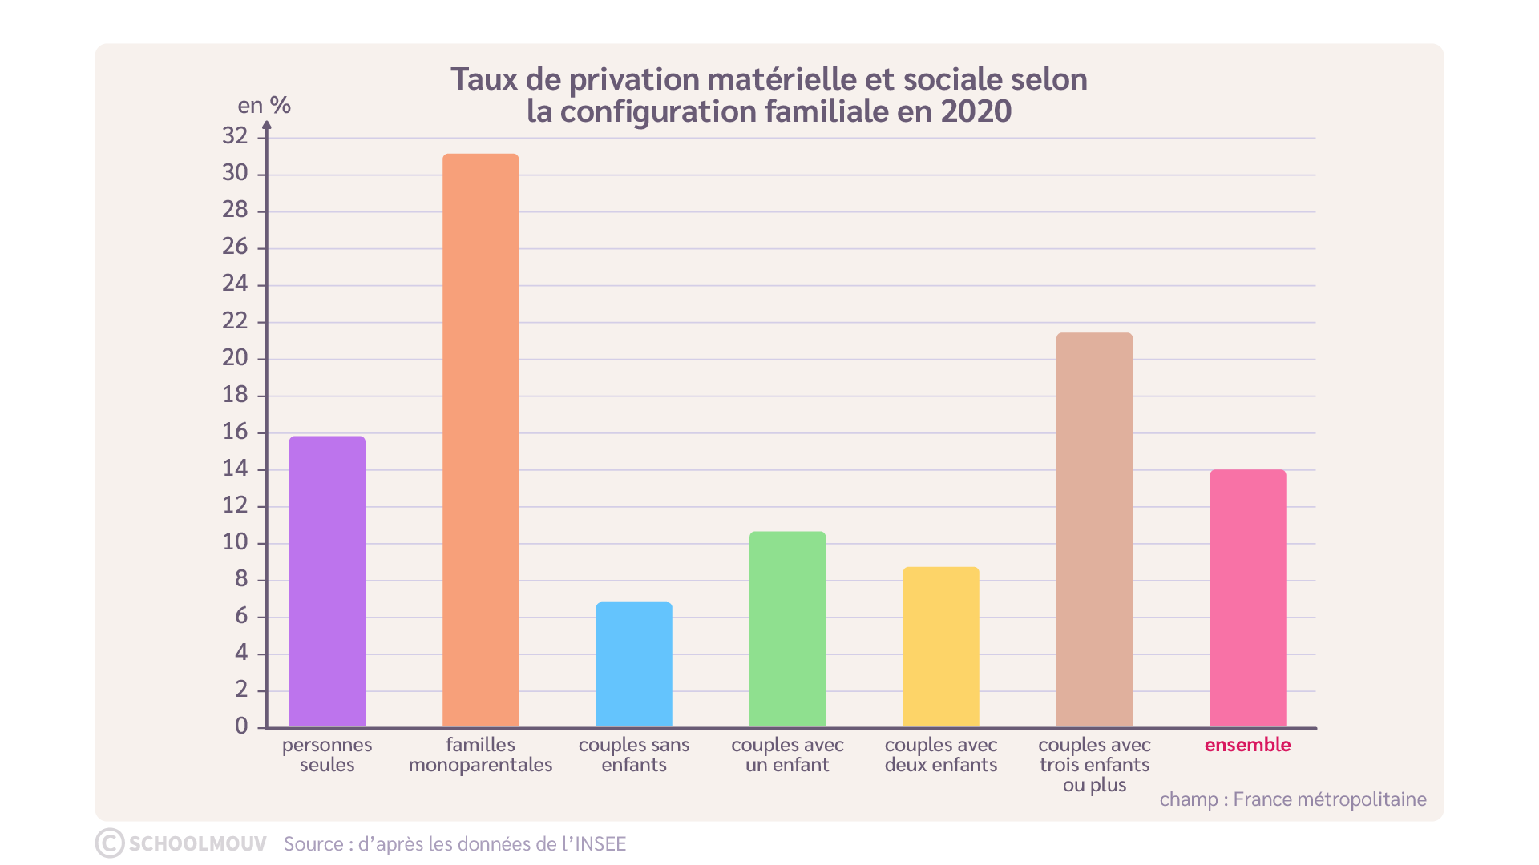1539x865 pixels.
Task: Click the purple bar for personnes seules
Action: (x=327, y=581)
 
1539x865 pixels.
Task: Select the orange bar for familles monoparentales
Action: (x=481, y=440)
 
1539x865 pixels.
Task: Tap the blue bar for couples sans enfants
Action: (x=634, y=664)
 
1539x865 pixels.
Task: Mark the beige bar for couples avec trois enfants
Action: (x=1094, y=529)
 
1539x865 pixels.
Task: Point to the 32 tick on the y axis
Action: (x=235, y=136)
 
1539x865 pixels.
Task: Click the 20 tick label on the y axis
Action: (x=235, y=358)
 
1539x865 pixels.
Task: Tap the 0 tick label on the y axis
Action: (x=241, y=726)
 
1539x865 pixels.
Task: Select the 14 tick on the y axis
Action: (x=235, y=469)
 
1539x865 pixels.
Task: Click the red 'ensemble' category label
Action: (x=1247, y=745)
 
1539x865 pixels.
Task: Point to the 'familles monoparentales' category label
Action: (x=481, y=754)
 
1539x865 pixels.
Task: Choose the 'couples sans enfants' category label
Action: (x=634, y=754)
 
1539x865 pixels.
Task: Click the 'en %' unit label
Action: (x=264, y=106)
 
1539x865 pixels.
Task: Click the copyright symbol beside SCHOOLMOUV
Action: (x=110, y=843)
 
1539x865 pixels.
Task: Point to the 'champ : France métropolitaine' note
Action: (x=1292, y=799)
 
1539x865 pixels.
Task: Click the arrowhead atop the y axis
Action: (x=267, y=125)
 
